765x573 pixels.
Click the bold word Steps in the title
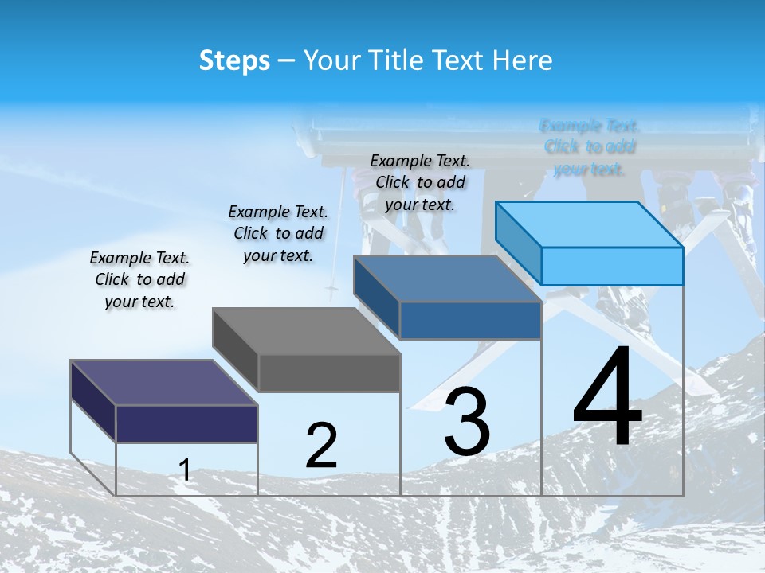[234, 60]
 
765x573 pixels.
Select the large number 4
[607, 398]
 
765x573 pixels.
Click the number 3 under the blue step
[467, 423]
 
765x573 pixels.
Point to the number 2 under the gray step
[321, 446]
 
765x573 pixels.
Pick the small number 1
[185, 470]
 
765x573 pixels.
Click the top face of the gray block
[307, 331]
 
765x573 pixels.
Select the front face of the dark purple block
[186, 423]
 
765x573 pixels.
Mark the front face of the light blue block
[612, 266]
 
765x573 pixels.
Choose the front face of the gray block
[329, 373]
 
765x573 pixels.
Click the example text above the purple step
[139, 279]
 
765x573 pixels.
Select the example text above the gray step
[278, 233]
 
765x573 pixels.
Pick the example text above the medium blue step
[420, 182]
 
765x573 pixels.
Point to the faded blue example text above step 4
[589, 147]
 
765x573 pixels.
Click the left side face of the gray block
[236, 351]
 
